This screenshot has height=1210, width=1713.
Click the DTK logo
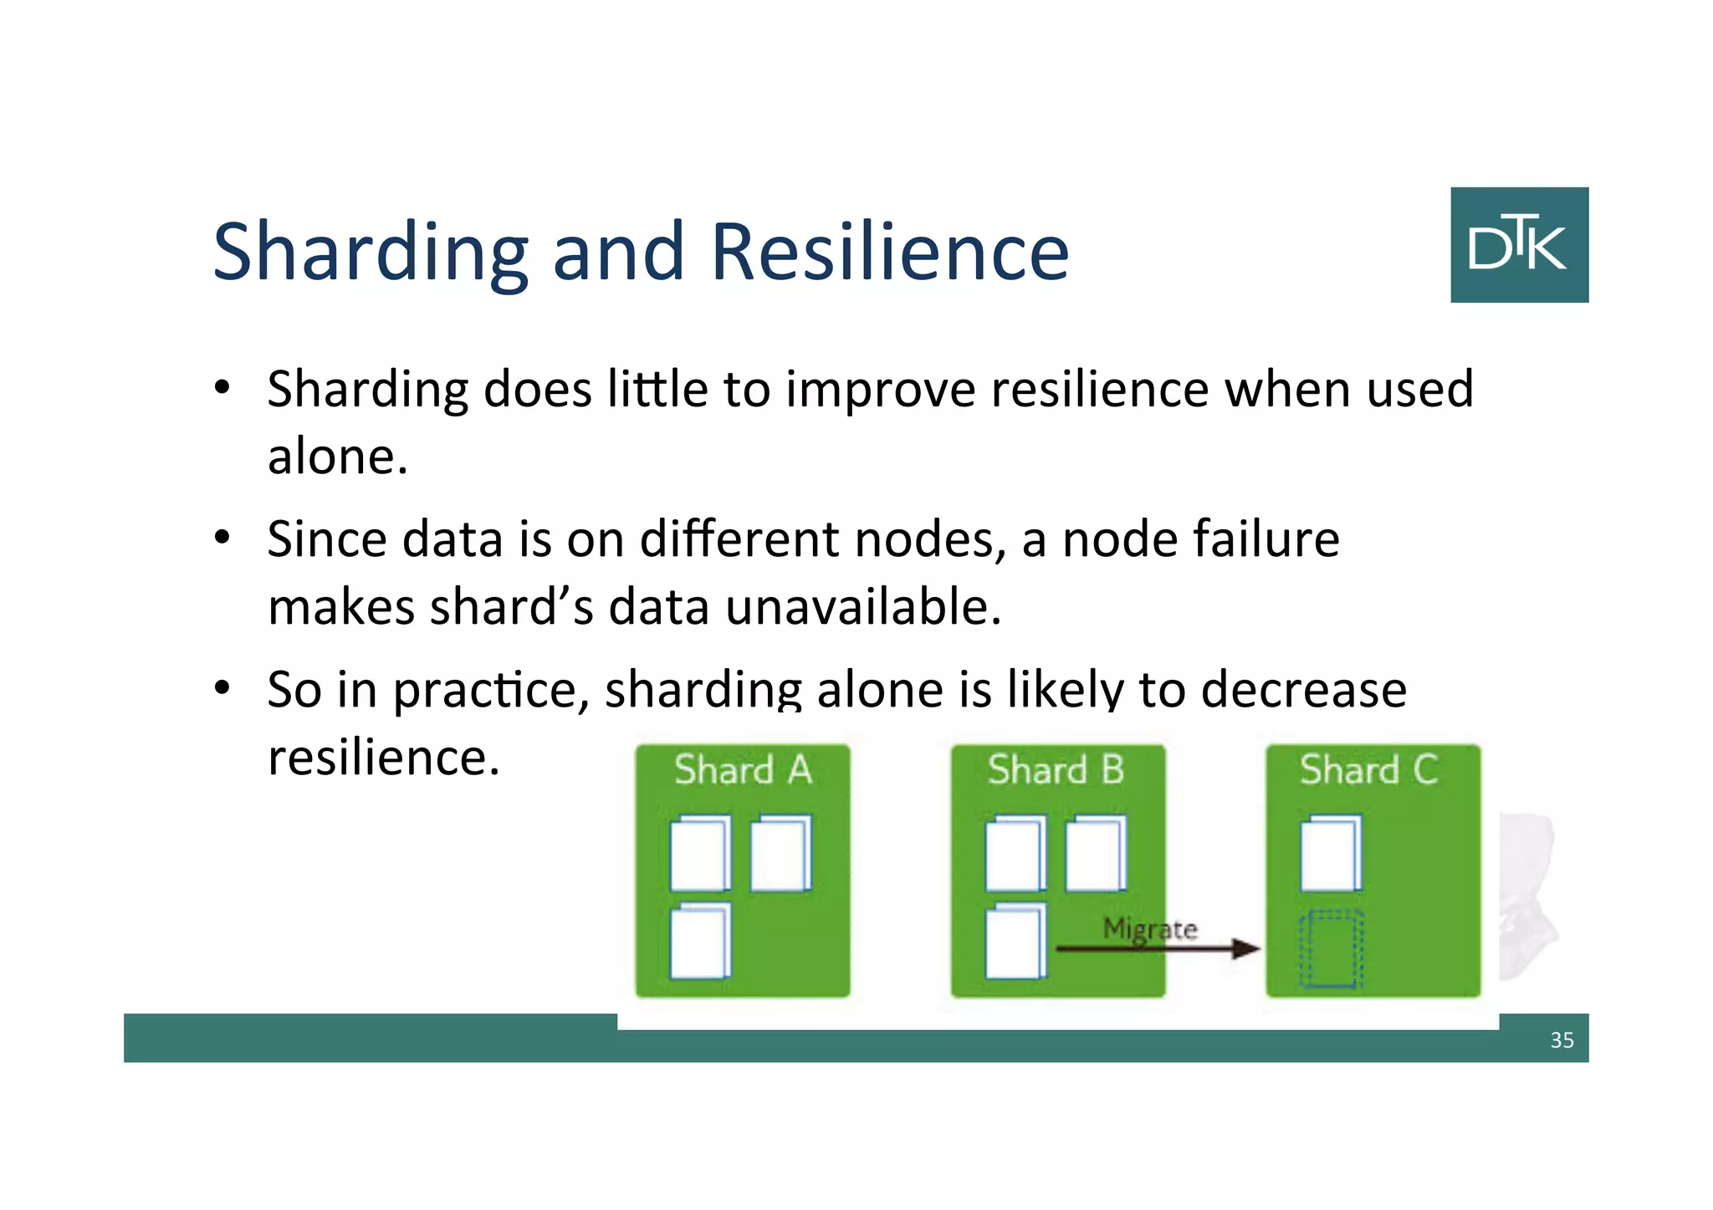pos(1519,244)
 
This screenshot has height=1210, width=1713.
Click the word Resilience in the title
pos(889,252)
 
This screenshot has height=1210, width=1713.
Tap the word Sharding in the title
pos(371,253)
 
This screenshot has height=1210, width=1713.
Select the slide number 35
pos(1562,1039)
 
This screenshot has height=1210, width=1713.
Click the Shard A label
pos(743,769)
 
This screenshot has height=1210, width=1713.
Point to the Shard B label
pos(1056,769)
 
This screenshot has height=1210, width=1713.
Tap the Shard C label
pos(1369,769)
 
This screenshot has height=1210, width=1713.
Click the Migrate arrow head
pos(1247,948)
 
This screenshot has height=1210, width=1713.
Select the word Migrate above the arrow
pos(1150,928)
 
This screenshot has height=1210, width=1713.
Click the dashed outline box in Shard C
pos(1331,949)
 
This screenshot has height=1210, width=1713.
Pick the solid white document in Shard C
pos(1330,853)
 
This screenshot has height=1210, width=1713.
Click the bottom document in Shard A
pos(700,941)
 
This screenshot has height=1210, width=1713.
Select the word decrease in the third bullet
pos(1303,690)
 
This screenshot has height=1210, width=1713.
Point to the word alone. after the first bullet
pos(338,457)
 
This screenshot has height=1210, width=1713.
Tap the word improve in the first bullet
pos(880,390)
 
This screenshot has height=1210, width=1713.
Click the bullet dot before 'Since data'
pos(222,538)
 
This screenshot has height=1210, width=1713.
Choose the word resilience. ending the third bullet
pos(383,758)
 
